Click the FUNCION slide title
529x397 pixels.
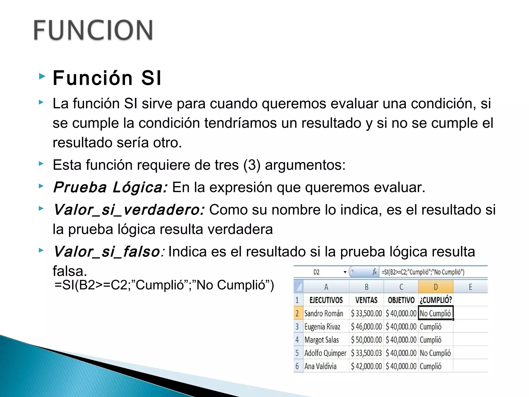93,30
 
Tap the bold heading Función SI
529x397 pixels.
107,78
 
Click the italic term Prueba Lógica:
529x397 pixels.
110,187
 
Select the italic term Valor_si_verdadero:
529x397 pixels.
129,209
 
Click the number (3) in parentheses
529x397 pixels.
252,165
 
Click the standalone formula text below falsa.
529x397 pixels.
164,285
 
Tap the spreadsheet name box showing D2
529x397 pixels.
317,272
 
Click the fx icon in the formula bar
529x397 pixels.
374,272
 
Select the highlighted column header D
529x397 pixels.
436,287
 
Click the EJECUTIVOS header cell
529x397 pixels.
326,300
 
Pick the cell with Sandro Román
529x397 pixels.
324,314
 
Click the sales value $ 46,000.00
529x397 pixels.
366,327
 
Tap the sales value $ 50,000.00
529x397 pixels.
366,340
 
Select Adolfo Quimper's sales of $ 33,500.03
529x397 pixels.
366,353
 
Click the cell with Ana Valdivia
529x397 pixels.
320,366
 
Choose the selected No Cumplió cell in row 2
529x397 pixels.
435,314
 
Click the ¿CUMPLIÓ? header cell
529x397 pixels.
436,300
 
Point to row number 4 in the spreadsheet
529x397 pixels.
297,340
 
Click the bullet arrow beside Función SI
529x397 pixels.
42,76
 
